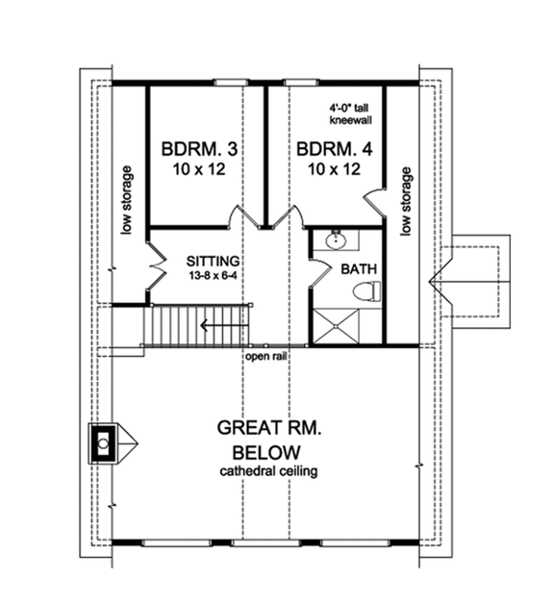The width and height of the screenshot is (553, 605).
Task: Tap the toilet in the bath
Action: click(x=366, y=290)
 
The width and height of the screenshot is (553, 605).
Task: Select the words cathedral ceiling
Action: click(x=267, y=471)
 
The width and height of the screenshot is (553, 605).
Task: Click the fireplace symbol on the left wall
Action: click(x=102, y=443)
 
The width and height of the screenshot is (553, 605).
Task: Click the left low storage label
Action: click(x=126, y=201)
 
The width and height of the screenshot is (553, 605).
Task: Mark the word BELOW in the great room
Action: click(x=266, y=452)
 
